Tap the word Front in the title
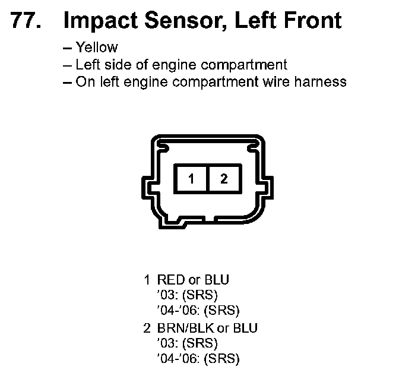pyautogui.click(x=312, y=21)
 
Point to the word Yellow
pyautogui.click(x=97, y=48)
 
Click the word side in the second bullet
pyautogui.click(x=111, y=65)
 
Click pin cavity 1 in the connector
pyautogui.click(x=191, y=178)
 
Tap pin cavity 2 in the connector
pyautogui.click(x=224, y=178)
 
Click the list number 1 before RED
pyautogui.click(x=147, y=279)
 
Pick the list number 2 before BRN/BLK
pyautogui.click(x=147, y=327)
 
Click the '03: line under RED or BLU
pyautogui.click(x=188, y=295)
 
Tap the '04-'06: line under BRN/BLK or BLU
pyautogui.click(x=198, y=358)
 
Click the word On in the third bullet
pyautogui.click(x=83, y=82)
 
